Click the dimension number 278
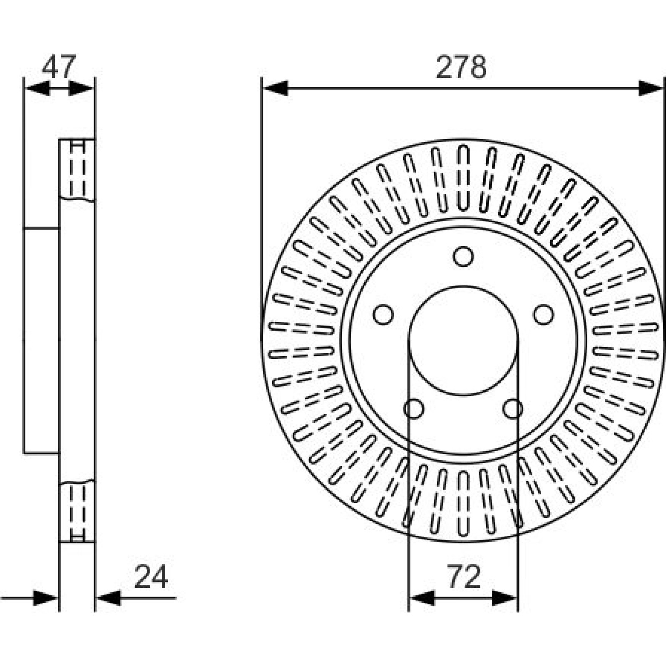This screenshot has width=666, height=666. tap(461, 67)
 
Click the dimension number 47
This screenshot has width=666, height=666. tap(59, 66)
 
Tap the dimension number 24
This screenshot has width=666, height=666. tap(151, 577)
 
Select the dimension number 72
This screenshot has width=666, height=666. tap(464, 577)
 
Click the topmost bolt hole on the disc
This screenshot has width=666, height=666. tap(463, 256)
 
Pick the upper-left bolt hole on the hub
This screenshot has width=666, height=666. tap(383, 315)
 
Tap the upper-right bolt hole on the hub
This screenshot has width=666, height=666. tap(544, 315)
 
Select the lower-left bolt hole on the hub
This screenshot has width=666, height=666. tap(414, 409)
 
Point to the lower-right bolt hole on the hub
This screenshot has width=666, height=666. tap(513, 409)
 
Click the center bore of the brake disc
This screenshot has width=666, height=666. tap(463, 340)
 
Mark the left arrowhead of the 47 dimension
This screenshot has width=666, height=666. tap(37, 88)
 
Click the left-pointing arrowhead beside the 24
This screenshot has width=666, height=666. tap(109, 598)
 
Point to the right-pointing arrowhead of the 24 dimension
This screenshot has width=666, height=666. tap(45, 598)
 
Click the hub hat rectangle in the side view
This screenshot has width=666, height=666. tap(41, 340)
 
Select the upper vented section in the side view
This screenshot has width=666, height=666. tap(77, 170)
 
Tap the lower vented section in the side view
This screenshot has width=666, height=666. tap(77, 512)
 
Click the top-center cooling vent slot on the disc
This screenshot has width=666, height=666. tap(463, 178)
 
